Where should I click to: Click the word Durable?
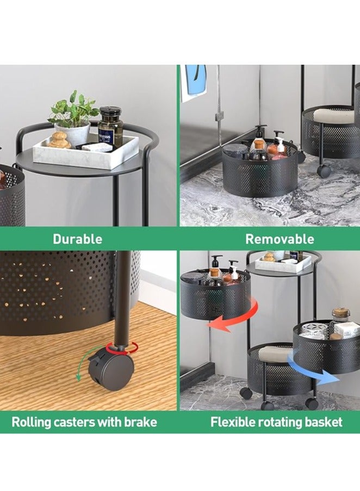point(77,239)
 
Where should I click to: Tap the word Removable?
point(280,239)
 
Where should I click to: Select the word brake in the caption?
point(140,422)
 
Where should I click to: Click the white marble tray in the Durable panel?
point(85,152)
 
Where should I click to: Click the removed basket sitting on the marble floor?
point(260,171)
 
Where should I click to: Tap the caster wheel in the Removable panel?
point(324,171)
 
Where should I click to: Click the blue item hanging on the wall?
point(195,80)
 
